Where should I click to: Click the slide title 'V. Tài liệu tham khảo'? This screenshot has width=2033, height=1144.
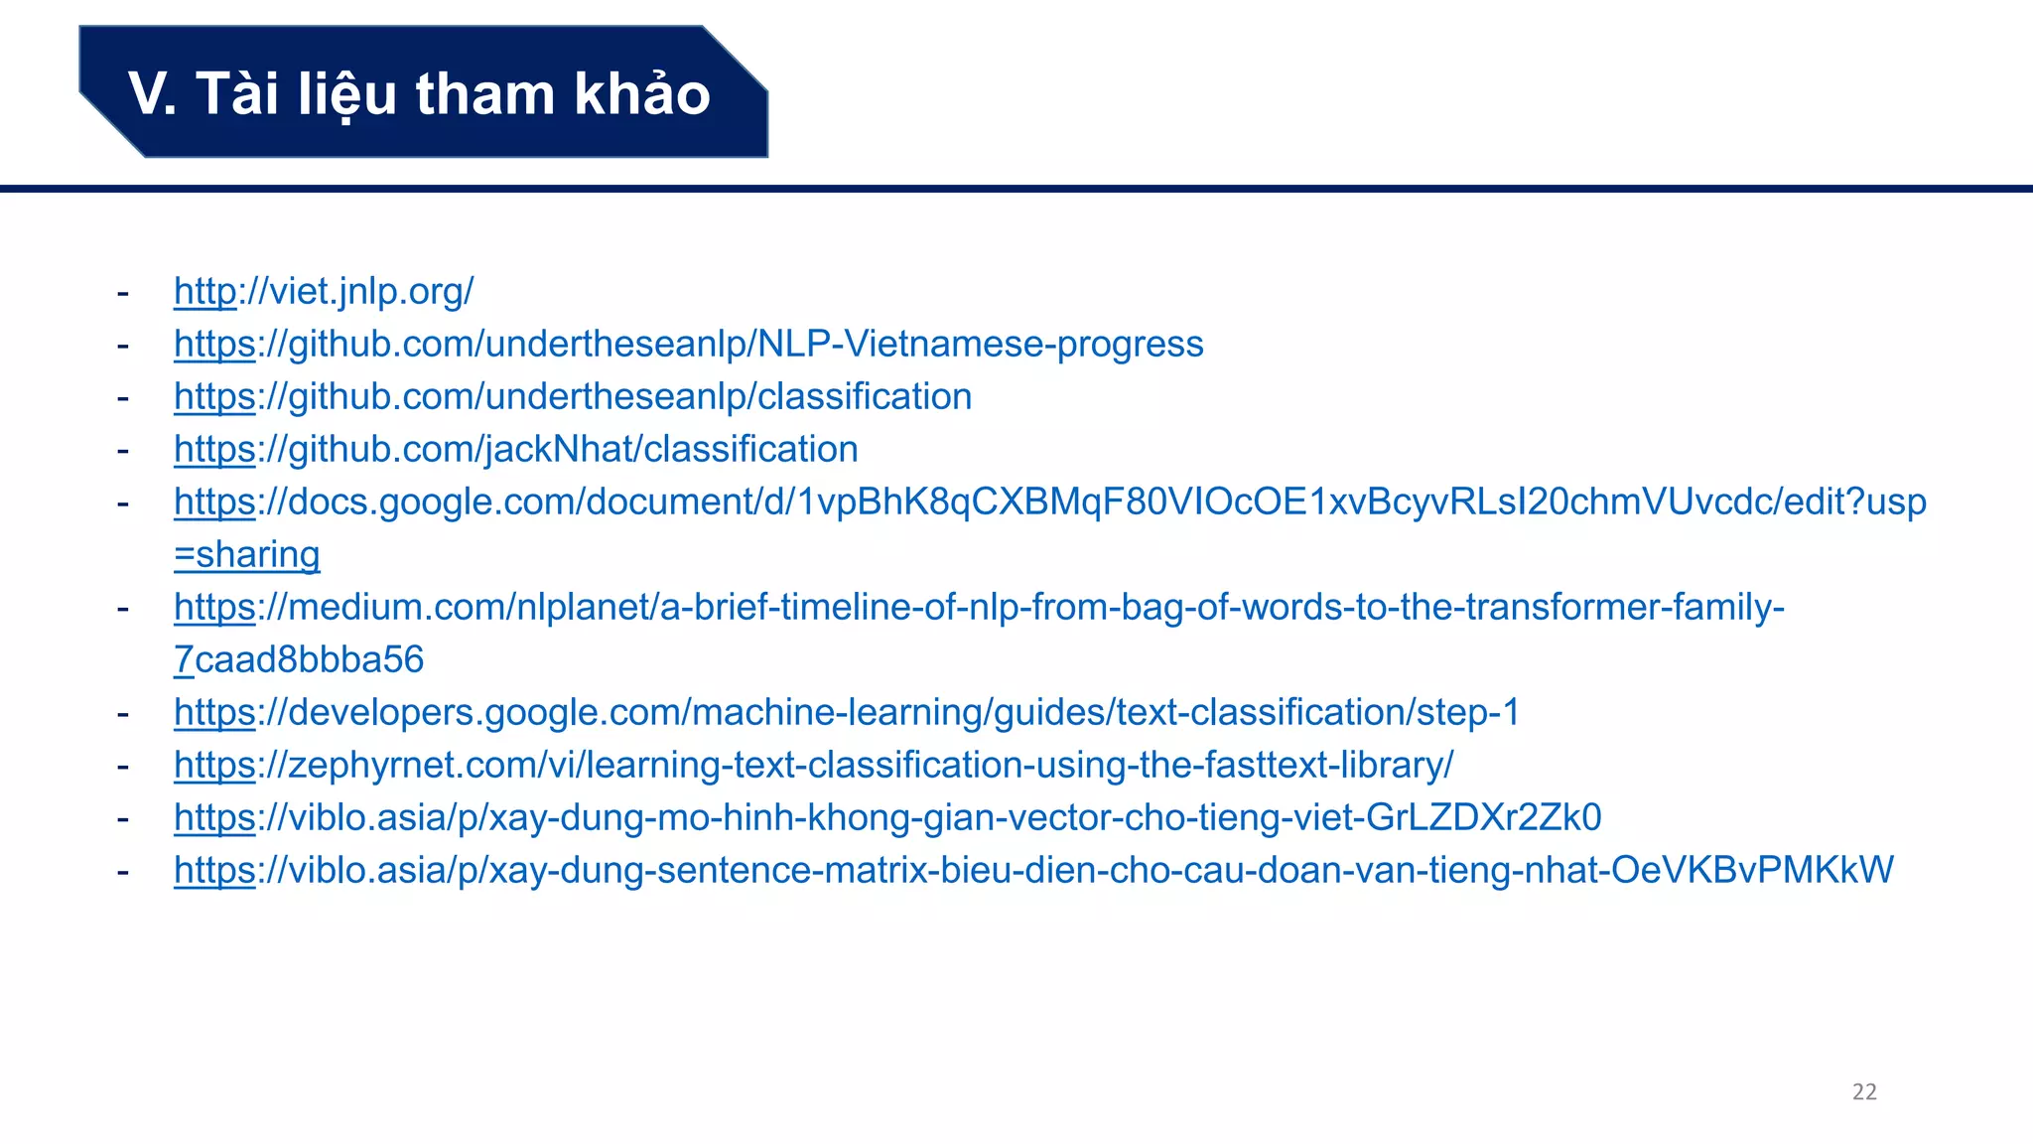419,93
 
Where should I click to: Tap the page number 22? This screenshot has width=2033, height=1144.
1864,1091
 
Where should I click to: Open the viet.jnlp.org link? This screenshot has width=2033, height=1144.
324,291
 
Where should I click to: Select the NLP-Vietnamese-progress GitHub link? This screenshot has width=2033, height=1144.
688,344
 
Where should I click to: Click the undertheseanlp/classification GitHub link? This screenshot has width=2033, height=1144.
573,396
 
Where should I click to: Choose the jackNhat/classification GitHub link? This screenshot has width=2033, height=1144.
515,449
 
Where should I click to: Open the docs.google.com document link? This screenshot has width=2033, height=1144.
1049,501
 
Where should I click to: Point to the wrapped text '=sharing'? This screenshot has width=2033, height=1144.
247,554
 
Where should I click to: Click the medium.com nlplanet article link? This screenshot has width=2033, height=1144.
979,607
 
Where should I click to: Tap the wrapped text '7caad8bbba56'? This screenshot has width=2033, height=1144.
299,659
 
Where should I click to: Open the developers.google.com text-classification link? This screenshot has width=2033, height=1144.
846,712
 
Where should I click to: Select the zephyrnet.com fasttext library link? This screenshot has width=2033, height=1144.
813,765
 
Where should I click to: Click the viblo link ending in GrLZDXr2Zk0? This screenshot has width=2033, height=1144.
887,817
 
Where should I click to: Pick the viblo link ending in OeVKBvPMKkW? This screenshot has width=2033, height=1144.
1033,870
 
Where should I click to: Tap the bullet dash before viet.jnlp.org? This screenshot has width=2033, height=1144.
123,292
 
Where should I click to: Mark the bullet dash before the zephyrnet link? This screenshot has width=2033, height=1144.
123,766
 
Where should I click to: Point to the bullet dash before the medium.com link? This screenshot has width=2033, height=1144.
123,608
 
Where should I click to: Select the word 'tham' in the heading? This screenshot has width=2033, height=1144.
484,94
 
